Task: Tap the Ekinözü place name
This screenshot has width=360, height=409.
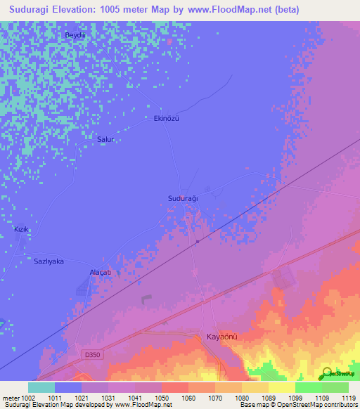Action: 167,119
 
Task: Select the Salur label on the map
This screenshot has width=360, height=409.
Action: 105,139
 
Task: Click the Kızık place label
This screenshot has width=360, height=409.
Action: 22,230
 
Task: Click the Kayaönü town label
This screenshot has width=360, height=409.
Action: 222,337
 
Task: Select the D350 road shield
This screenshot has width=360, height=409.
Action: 90,355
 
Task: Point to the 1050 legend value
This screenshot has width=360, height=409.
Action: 160,398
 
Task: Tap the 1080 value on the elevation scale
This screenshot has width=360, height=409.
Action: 241,398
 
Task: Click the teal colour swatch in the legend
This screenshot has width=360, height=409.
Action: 41,387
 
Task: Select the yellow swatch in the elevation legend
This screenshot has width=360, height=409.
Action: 281,387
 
